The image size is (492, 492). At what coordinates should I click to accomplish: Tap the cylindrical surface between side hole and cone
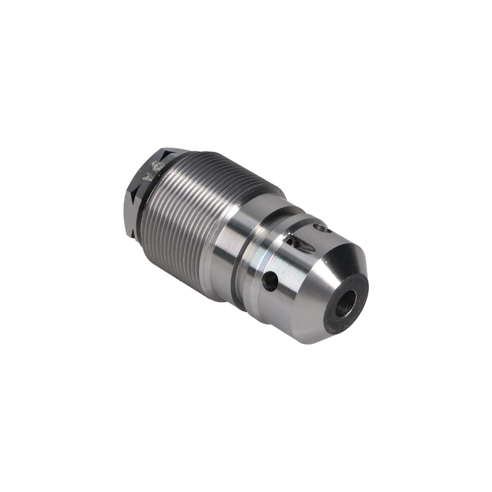click(293, 288)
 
